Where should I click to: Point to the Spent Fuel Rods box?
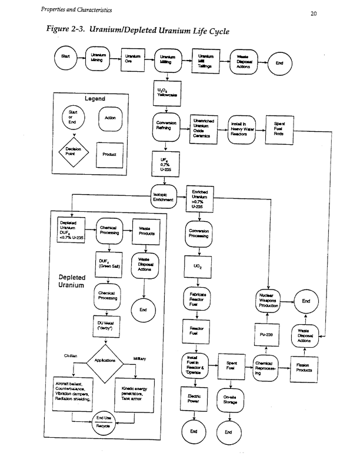(279, 128)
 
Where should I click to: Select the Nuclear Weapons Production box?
(268, 300)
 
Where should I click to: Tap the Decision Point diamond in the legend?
(75, 153)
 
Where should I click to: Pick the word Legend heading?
(95, 98)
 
